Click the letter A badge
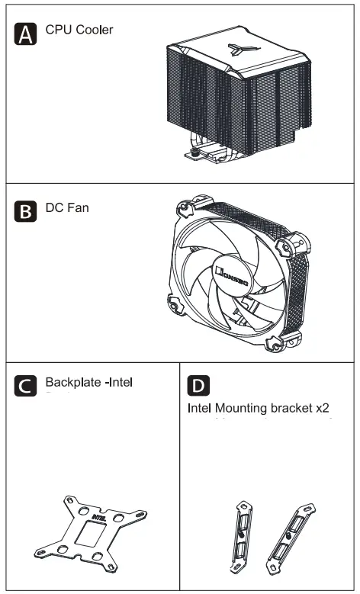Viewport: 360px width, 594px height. [26, 34]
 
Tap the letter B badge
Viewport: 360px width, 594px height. [26, 211]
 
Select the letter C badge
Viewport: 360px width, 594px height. [26, 384]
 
